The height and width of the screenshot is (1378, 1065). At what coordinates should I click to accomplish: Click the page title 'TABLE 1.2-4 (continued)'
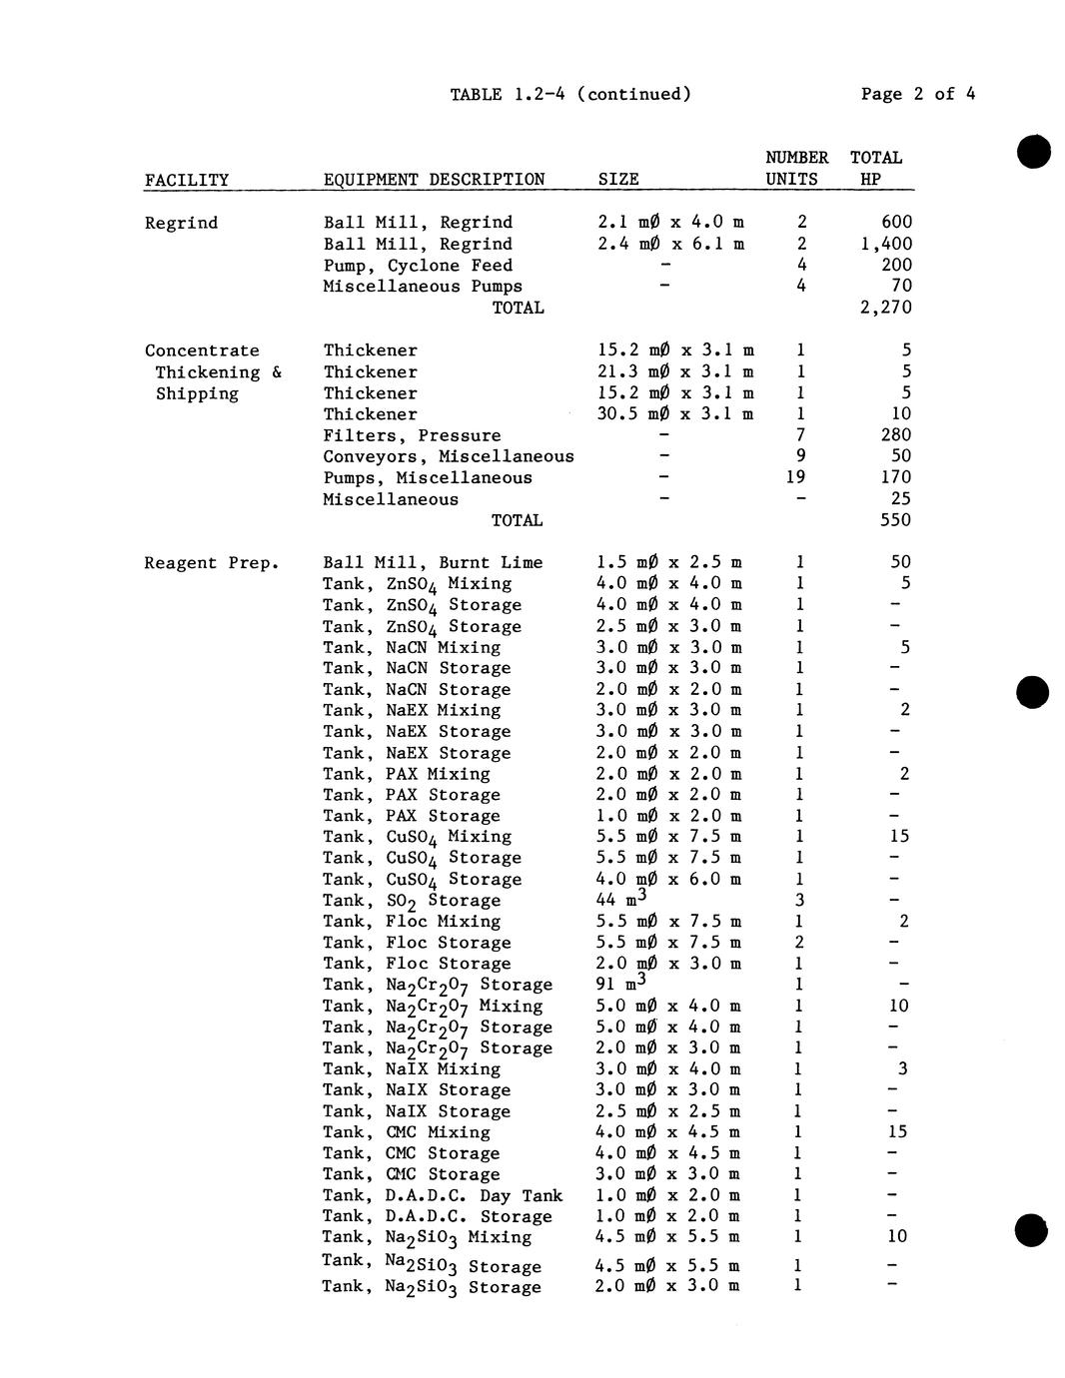pos(570,95)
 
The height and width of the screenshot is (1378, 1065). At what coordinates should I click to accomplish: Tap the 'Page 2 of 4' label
pos(918,95)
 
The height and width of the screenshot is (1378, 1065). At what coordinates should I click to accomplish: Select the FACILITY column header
pos(187,180)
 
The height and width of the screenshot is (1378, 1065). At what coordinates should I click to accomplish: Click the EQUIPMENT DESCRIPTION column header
pos(434,180)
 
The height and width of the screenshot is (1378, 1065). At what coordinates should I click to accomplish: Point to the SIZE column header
pos(618,180)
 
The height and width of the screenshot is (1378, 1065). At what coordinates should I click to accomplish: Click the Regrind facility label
pos(181,223)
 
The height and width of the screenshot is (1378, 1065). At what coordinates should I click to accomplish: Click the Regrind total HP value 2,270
pos(885,308)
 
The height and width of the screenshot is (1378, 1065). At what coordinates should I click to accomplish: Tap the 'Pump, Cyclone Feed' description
pos(418,266)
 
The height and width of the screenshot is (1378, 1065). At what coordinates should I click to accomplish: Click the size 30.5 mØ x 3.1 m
pos(674,414)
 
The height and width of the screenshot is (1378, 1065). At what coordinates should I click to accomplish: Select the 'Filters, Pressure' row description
pos(412,435)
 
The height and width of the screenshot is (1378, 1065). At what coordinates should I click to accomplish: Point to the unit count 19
pos(795,477)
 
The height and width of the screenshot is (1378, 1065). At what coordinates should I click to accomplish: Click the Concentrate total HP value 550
pos(895,520)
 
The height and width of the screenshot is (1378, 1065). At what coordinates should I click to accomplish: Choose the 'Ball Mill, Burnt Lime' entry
pos(433,563)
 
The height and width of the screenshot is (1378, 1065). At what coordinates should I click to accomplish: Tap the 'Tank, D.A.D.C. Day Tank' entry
pos(443,1195)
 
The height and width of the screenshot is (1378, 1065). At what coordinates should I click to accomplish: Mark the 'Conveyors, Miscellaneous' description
pos(449,456)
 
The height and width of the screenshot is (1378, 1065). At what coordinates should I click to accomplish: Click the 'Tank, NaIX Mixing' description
pos(412,1068)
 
